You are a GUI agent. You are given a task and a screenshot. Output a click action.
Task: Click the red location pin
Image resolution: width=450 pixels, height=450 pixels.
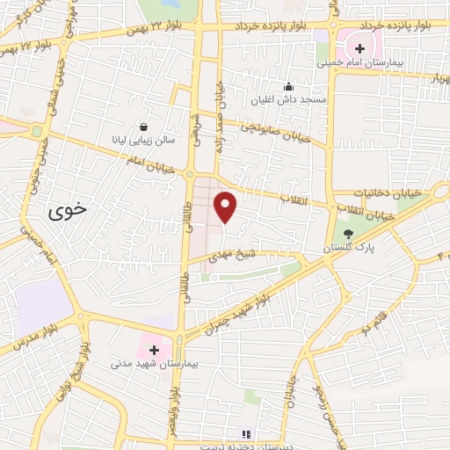226,206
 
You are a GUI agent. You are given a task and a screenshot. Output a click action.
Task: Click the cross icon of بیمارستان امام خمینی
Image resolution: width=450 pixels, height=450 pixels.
359,47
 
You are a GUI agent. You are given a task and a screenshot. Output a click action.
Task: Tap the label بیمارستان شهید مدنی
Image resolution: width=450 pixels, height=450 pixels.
146,363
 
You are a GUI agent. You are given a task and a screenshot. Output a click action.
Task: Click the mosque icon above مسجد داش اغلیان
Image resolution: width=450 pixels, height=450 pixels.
287,86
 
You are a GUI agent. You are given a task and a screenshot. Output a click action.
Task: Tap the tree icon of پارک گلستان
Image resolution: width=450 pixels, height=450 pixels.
348,234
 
